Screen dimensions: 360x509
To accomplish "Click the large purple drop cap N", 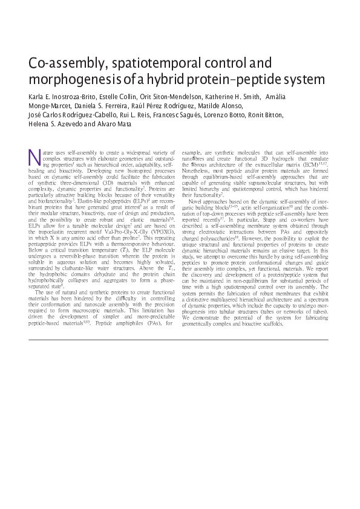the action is click(x=34, y=157).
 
